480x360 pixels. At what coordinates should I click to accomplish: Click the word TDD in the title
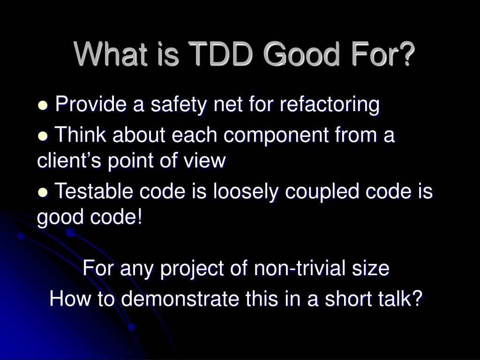click(x=221, y=54)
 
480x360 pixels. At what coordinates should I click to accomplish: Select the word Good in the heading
click(x=301, y=54)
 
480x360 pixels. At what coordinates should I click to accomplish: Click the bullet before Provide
click(x=43, y=105)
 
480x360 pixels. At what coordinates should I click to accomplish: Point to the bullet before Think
click(x=43, y=136)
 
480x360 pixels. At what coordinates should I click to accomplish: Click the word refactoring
click(x=330, y=105)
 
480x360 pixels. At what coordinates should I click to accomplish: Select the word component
click(x=276, y=135)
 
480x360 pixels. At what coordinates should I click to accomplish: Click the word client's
click(x=69, y=160)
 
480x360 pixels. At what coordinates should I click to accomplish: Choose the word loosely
click(x=246, y=192)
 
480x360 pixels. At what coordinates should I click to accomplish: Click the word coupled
click(x=322, y=192)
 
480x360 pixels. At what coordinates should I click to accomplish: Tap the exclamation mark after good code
click(x=140, y=217)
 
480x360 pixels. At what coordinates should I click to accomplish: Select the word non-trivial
click(x=300, y=268)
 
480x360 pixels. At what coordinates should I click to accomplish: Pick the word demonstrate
click(x=180, y=299)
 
